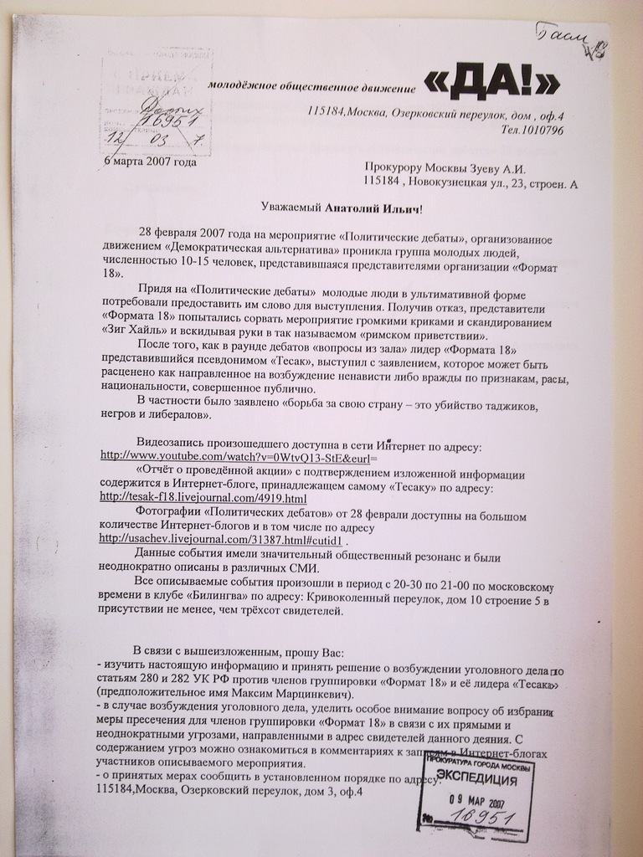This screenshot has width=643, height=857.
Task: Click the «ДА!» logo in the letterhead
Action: point(491,82)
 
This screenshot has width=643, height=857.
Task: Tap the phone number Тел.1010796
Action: point(532,130)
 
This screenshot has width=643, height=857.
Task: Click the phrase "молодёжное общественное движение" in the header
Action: point(311,87)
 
